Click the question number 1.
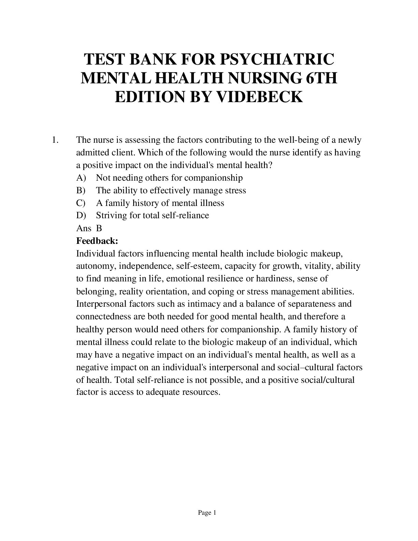(56, 140)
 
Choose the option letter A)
(81, 178)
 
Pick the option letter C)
(81, 203)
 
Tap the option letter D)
(81, 215)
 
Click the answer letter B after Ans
(99, 228)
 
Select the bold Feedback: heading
(97, 241)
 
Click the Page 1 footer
(207, 513)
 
